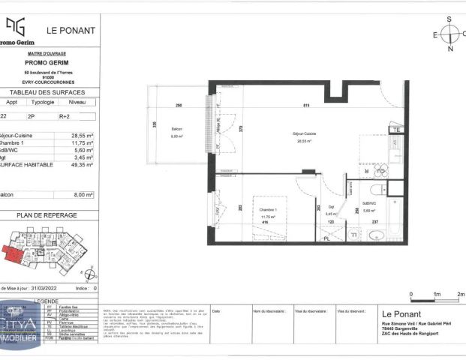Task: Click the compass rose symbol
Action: [449, 34]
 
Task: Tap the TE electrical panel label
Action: [398, 130]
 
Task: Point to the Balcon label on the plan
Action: [176, 133]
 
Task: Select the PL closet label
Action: [326, 238]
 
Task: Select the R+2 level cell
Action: [77, 117]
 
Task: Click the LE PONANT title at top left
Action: [71, 31]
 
